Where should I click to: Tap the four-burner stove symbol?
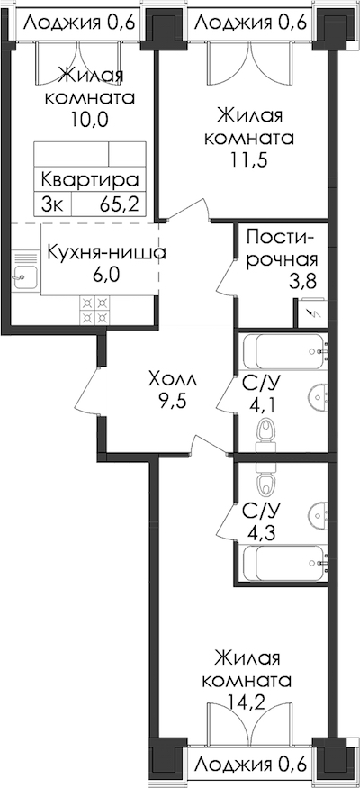pos(94,310)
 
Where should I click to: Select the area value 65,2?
pos(119,205)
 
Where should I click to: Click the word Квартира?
pos(89,179)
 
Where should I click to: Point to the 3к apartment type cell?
pos(53,205)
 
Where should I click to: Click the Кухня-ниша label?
pos(106,252)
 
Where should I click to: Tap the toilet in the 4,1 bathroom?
pos(265,436)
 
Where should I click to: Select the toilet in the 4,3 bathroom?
pos(265,479)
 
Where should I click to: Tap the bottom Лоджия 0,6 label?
pos(250,765)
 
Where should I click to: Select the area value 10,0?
pos(90,120)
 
